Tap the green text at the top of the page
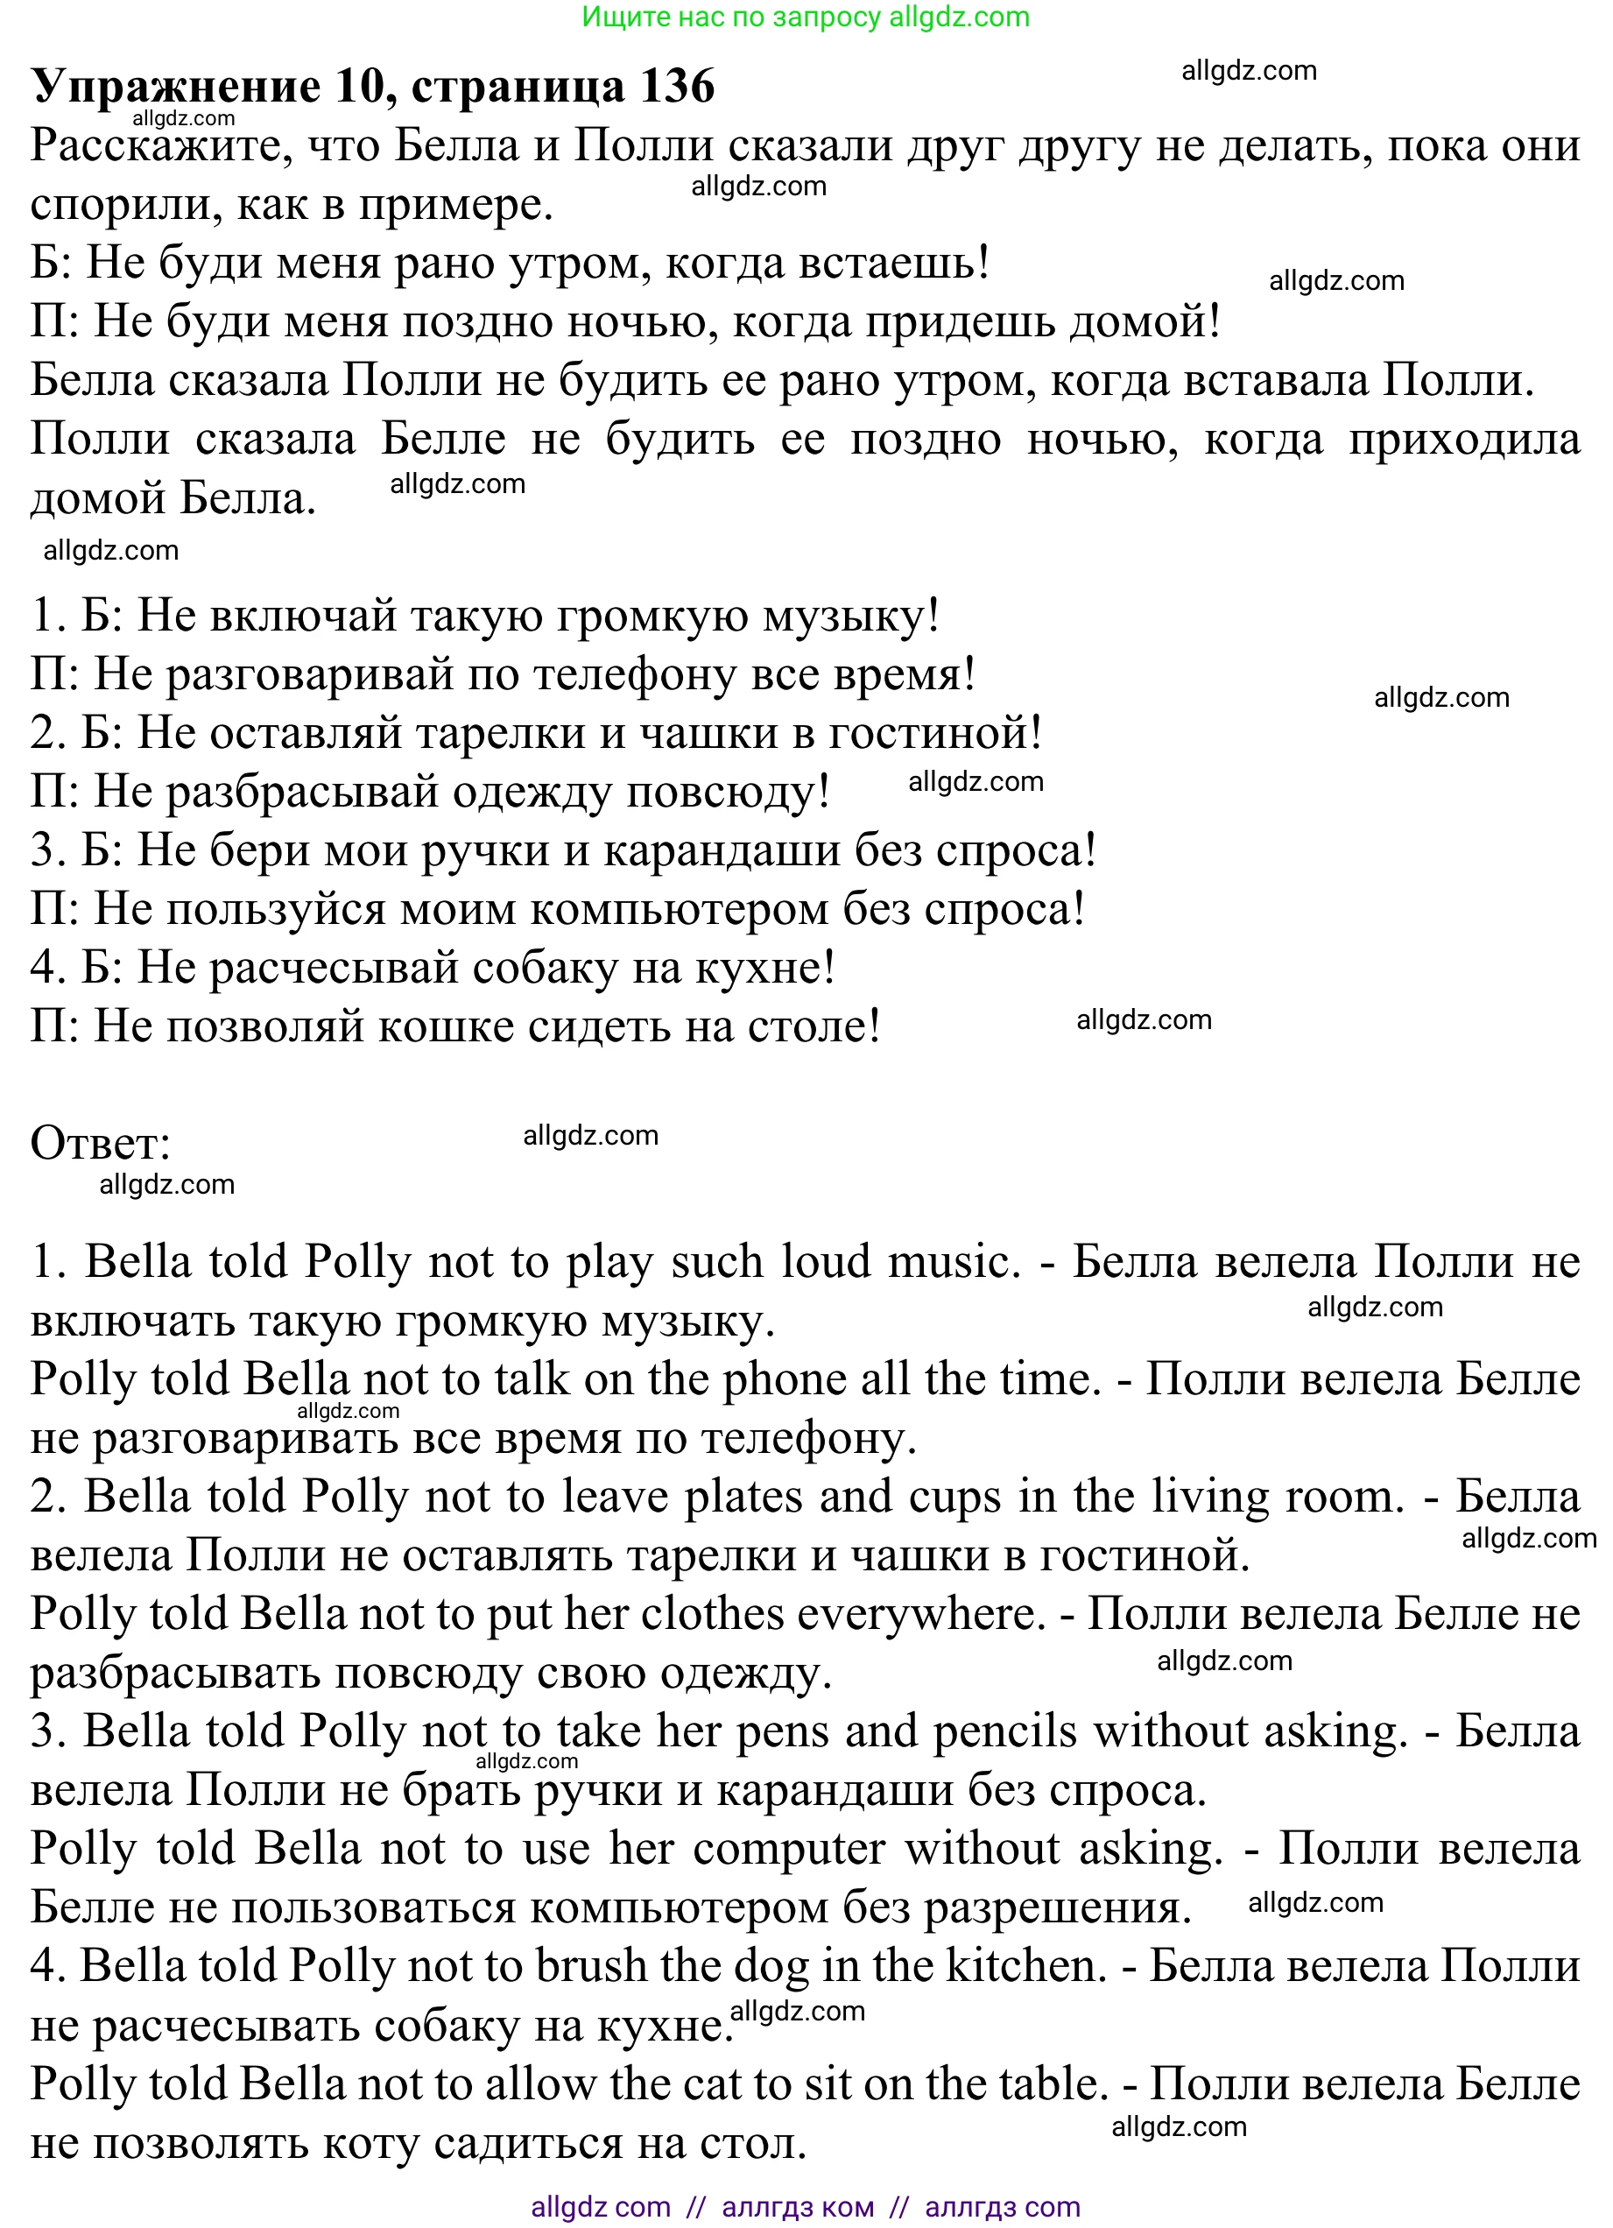[x=806, y=17]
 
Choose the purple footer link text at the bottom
[x=806, y=2206]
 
